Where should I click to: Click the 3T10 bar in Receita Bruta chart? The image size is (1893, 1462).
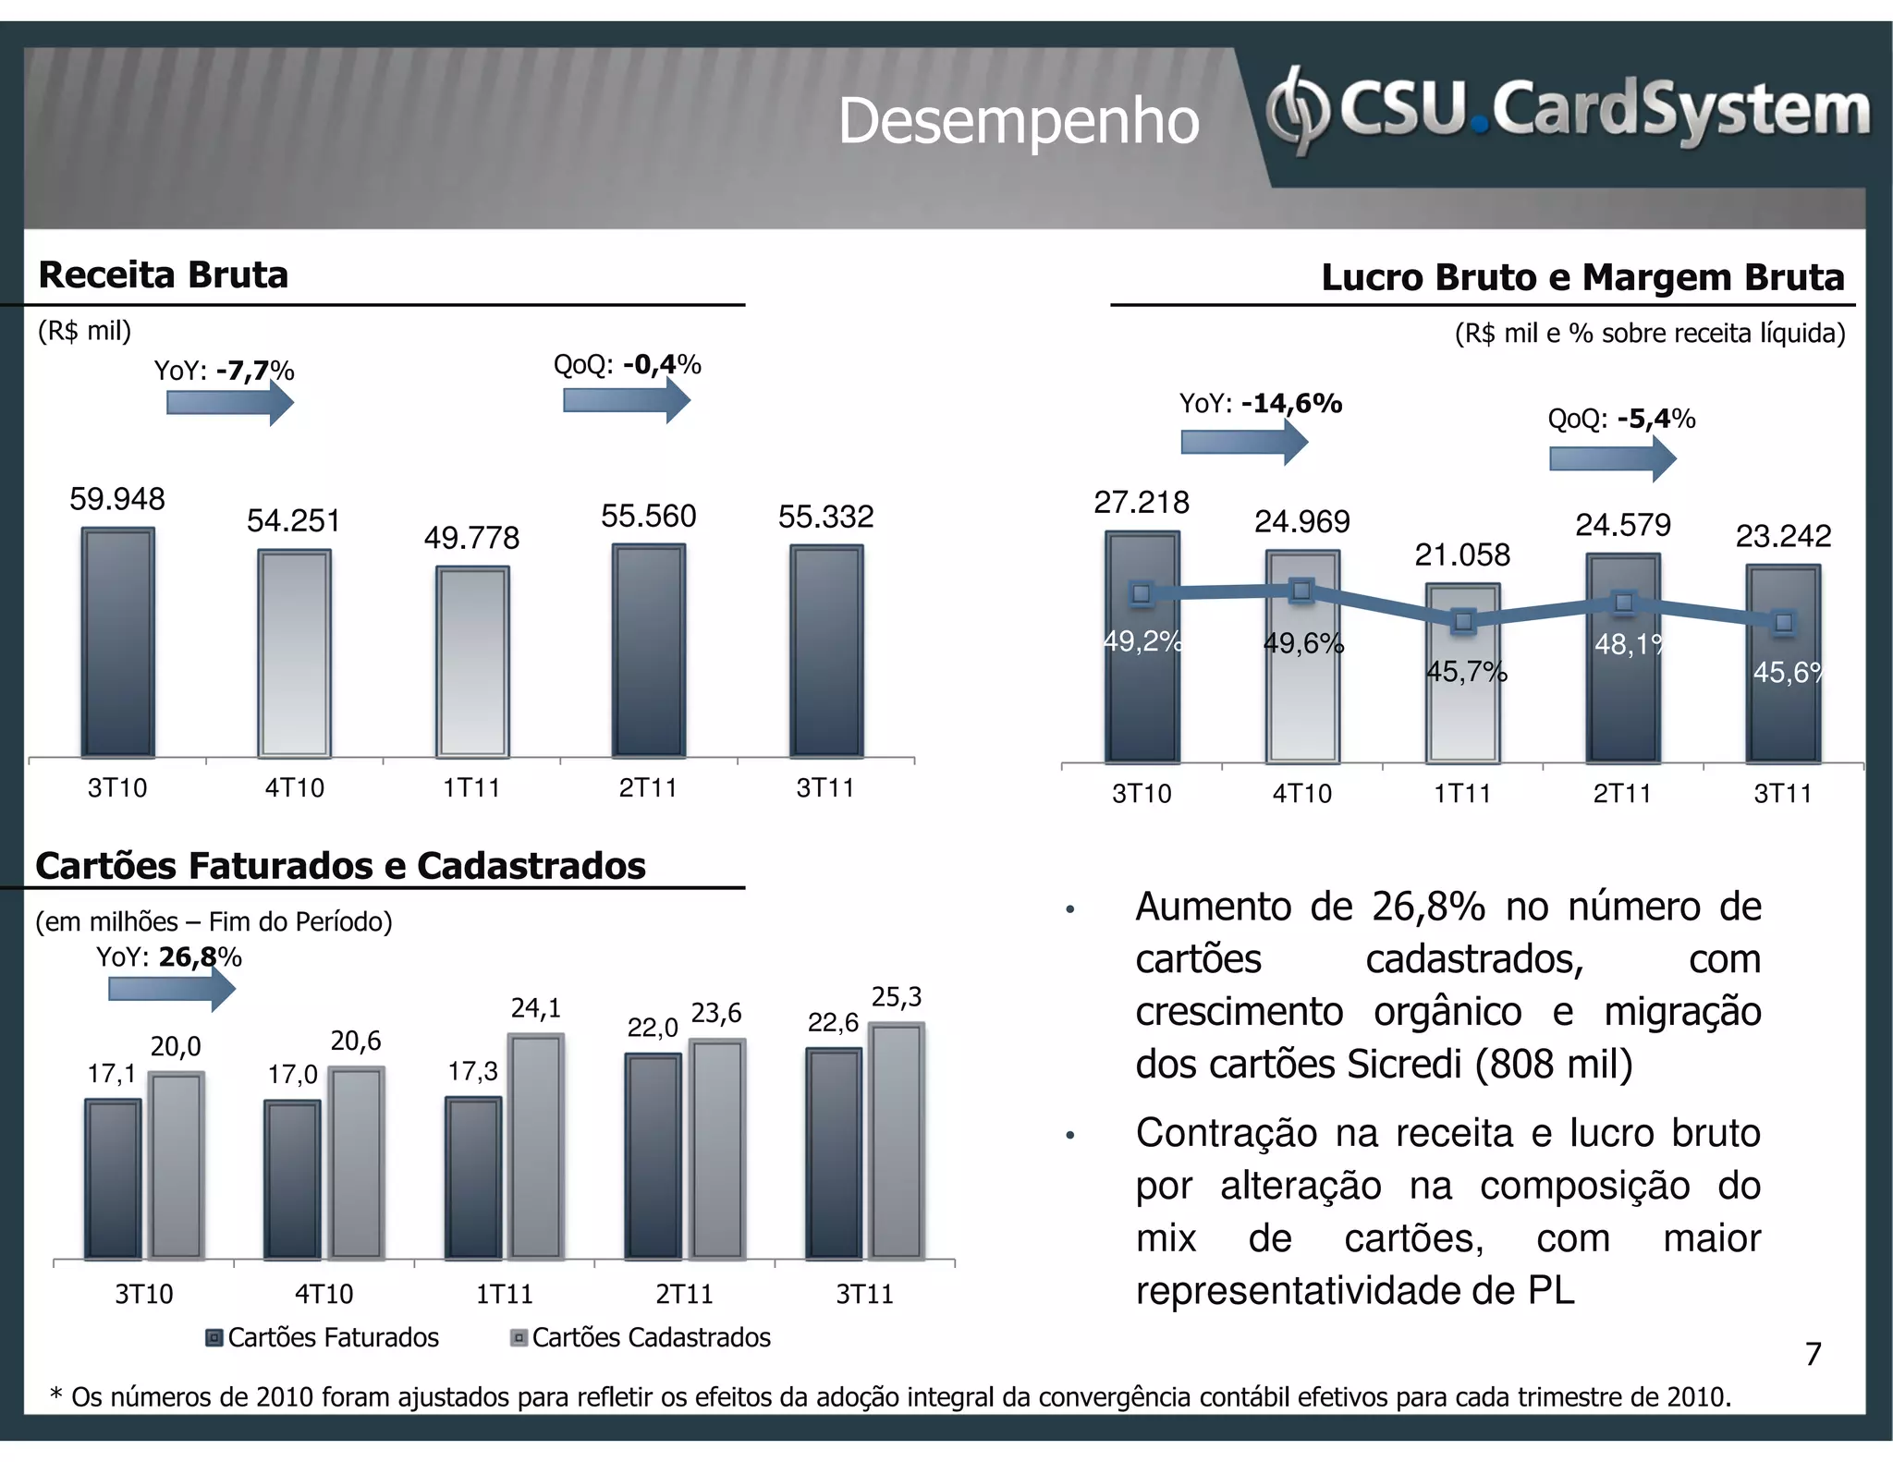click(x=117, y=642)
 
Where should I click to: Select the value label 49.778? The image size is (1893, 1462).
click(x=471, y=538)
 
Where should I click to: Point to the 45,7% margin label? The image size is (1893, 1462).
click(x=1466, y=672)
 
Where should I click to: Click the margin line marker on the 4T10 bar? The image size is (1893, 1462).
click(x=1301, y=591)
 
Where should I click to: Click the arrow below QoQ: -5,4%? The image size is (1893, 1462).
click(x=1612, y=458)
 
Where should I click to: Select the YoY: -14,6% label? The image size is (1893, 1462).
click(x=1260, y=404)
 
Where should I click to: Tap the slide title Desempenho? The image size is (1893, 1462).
click(x=1018, y=121)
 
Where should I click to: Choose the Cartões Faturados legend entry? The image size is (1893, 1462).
click(x=323, y=1337)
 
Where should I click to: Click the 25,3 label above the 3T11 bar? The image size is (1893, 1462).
click(x=896, y=997)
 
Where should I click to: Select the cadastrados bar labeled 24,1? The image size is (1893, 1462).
click(x=536, y=1146)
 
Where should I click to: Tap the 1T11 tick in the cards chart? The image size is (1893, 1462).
click(x=504, y=1294)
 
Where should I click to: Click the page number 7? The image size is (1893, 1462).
click(x=1813, y=1354)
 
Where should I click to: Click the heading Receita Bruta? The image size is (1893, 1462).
click(x=164, y=275)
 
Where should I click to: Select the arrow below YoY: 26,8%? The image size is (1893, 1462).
click(x=172, y=990)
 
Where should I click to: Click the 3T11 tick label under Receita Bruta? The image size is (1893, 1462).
click(x=824, y=788)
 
